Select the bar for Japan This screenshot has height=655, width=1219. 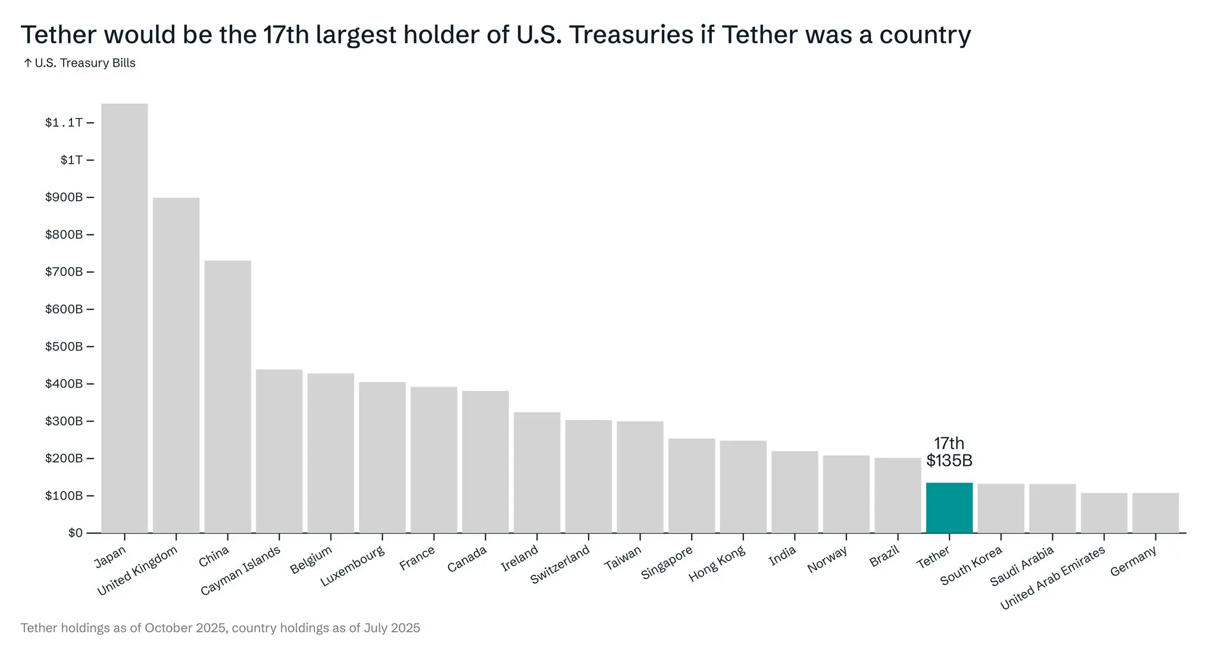tap(124, 318)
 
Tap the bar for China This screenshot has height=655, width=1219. tap(227, 397)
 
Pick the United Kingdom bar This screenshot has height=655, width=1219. tap(176, 365)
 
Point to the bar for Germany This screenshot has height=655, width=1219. tap(1155, 513)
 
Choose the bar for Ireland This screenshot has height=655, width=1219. tap(537, 472)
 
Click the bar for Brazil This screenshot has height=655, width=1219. tap(898, 495)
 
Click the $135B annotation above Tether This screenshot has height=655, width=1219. tap(949, 460)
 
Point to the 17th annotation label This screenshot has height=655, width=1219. tap(949, 443)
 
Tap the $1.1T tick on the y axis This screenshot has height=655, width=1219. tap(64, 123)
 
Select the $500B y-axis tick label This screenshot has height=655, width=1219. tap(64, 346)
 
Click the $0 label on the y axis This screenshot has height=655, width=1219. tap(75, 532)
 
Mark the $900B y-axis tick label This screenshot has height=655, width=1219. tap(64, 197)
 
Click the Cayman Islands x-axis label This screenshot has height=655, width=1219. tap(240, 571)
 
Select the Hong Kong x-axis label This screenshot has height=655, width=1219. tap(717, 565)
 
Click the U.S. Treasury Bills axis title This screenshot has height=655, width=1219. tap(85, 63)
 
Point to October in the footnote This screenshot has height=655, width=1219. tap(168, 628)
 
